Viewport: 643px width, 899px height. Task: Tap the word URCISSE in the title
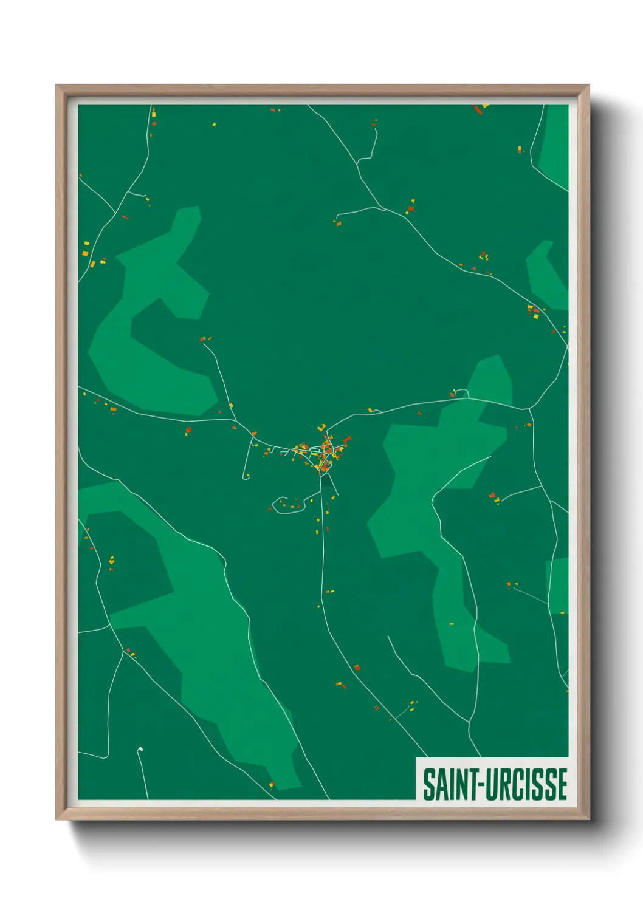[x=526, y=784]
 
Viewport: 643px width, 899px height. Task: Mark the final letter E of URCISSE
[x=562, y=784]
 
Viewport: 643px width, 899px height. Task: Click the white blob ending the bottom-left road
[x=140, y=750]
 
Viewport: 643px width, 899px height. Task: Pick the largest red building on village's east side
[x=347, y=439]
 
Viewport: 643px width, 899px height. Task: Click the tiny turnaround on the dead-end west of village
[x=246, y=477]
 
